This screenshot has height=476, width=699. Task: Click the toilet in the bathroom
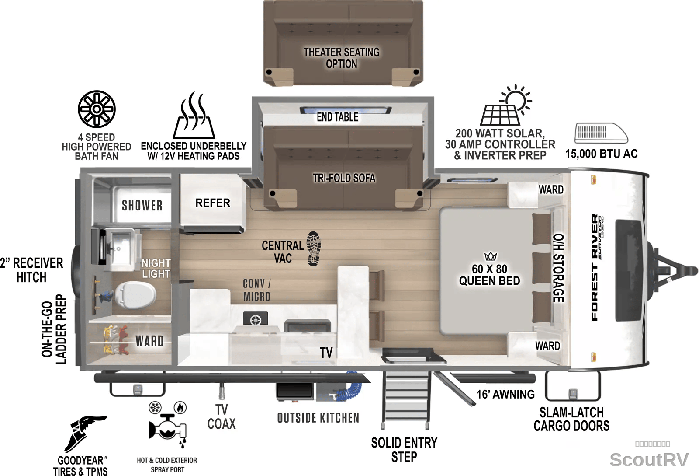tap(135, 294)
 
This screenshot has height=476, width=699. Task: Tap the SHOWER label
tap(142, 205)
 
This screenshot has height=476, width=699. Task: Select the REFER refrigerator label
tap(213, 203)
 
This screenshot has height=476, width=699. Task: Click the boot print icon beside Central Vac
tap(314, 249)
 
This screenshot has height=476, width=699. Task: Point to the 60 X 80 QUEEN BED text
tap(489, 275)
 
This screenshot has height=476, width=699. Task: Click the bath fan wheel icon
tap(97, 109)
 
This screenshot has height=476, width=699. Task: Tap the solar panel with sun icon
tap(506, 105)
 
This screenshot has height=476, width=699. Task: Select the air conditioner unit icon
tap(601, 133)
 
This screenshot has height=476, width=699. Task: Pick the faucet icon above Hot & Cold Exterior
tap(168, 424)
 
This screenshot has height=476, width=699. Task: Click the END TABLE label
tap(338, 117)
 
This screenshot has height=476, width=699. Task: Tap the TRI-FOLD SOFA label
tap(344, 178)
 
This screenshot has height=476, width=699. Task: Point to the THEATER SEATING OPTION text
tap(342, 58)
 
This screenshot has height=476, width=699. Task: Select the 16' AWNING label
tap(505, 395)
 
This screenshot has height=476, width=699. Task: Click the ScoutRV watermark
tap(649, 460)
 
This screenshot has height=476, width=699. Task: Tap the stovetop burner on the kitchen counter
tap(256, 319)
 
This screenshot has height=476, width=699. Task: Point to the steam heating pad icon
tap(194, 115)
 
